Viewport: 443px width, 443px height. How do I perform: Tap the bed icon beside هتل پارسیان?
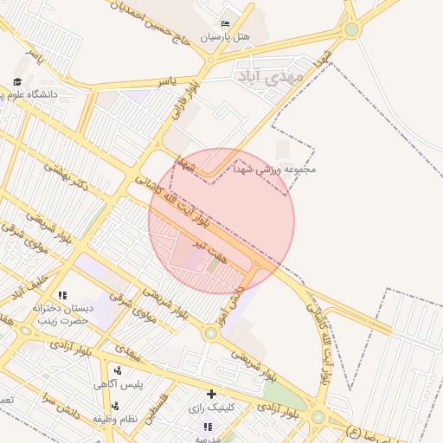[226, 23]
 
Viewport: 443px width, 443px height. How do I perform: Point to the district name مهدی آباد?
[269, 78]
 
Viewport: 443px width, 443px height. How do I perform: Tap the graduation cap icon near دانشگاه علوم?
[16, 82]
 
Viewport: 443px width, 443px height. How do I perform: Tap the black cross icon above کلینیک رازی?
[211, 394]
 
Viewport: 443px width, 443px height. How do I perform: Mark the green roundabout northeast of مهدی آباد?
[351, 29]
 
